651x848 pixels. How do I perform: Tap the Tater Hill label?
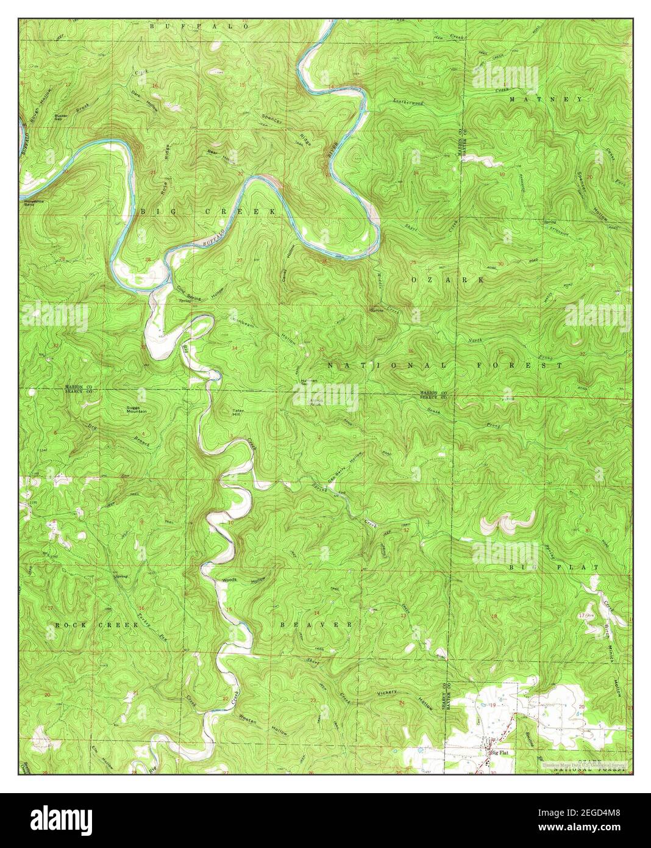(238, 413)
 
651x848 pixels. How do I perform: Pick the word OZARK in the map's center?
(448, 279)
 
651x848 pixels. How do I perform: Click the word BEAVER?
(316, 625)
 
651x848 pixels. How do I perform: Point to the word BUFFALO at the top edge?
(199, 27)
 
